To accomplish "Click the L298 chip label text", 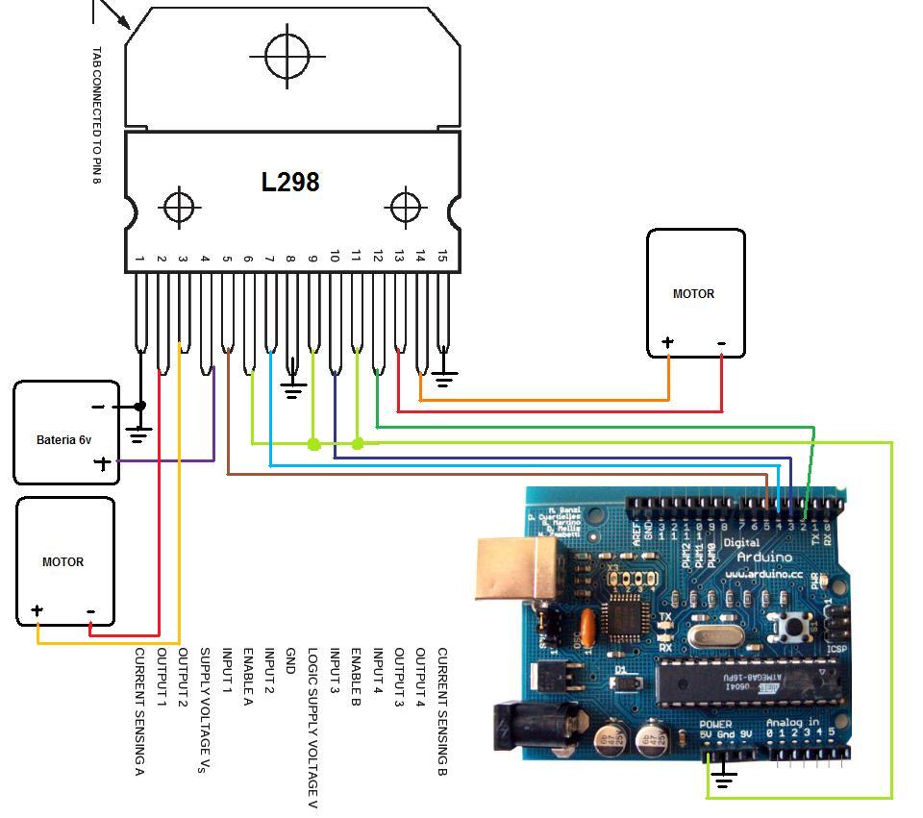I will [x=290, y=182].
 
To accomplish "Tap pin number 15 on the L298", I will [x=442, y=256].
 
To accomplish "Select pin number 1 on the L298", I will [x=140, y=258].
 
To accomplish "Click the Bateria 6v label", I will [x=63, y=440].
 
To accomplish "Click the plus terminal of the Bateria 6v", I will [x=102, y=463].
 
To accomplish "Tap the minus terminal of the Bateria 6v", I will [x=98, y=407].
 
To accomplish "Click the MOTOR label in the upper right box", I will [x=693, y=293].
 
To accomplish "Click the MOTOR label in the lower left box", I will [x=62, y=561].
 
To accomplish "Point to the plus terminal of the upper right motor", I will [x=667, y=342].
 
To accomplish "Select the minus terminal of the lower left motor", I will [x=90, y=610].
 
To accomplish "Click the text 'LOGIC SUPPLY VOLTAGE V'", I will [x=312, y=727].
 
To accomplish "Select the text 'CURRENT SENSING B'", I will [x=442, y=711].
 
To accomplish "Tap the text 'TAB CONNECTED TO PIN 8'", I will [x=96, y=115].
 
